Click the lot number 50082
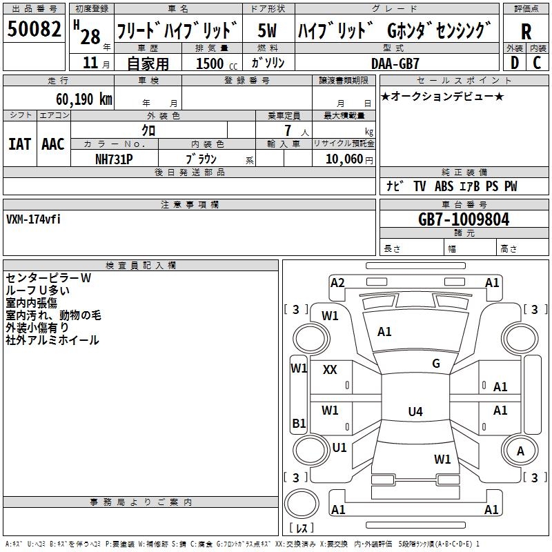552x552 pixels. tap(34, 29)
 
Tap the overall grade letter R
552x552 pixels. tap(526, 32)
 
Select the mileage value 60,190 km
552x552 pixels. tap(83, 99)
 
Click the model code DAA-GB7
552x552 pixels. tap(395, 63)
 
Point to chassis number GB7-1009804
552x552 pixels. tap(464, 219)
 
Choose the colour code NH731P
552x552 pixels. tap(114, 159)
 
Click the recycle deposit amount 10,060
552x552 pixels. tap(344, 159)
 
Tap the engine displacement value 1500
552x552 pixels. tap(210, 63)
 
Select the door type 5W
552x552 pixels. tap(267, 30)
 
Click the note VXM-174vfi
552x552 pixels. tap(33, 219)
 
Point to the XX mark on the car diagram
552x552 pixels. tap(330, 370)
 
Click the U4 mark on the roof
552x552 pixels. tap(415, 411)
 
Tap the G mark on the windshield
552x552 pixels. tap(436, 364)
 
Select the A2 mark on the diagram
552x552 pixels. tap(337, 283)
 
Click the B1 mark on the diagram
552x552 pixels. tap(299, 423)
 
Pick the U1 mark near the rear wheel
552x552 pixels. tap(339, 447)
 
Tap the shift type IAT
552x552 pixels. tap(19, 144)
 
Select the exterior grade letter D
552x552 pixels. tap(515, 63)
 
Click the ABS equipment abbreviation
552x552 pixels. tap(444, 186)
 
